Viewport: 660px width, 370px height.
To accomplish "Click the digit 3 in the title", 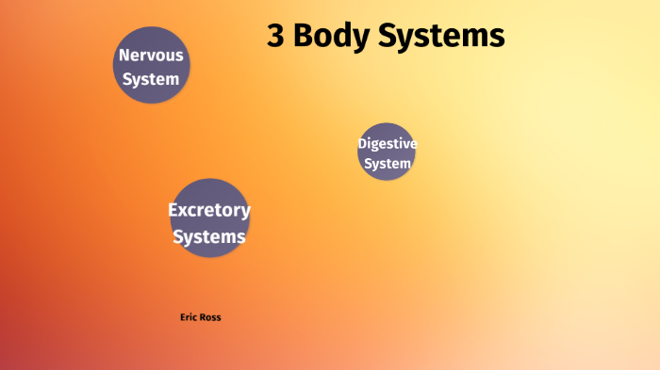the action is pyautogui.click(x=277, y=36).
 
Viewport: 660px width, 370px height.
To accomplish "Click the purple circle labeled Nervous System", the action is pyautogui.click(x=151, y=66).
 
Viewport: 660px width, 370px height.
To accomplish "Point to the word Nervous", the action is pyautogui.click(x=151, y=56).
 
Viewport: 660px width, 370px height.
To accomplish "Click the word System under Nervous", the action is pyautogui.click(x=151, y=79).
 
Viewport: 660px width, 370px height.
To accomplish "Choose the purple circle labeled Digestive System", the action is pyautogui.click(x=387, y=153).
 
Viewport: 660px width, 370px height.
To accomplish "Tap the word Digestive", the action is pyautogui.click(x=387, y=143).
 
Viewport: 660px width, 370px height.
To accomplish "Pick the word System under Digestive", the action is pyautogui.click(x=387, y=164).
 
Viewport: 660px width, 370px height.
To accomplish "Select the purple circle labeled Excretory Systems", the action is pyautogui.click(x=209, y=217).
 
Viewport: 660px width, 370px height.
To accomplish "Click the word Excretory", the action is pyautogui.click(x=209, y=210).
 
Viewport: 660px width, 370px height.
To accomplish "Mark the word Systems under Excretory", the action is pyautogui.click(x=209, y=236).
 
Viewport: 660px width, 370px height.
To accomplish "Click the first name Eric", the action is pyautogui.click(x=188, y=317).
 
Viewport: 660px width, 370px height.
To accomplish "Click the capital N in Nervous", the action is pyautogui.click(x=124, y=56).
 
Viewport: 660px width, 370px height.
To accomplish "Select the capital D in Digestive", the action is pyautogui.click(x=362, y=143).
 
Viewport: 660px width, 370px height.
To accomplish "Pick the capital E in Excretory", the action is pyautogui.click(x=173, y=210).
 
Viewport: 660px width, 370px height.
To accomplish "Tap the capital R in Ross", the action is pyautogui.click(x=201, y=317).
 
